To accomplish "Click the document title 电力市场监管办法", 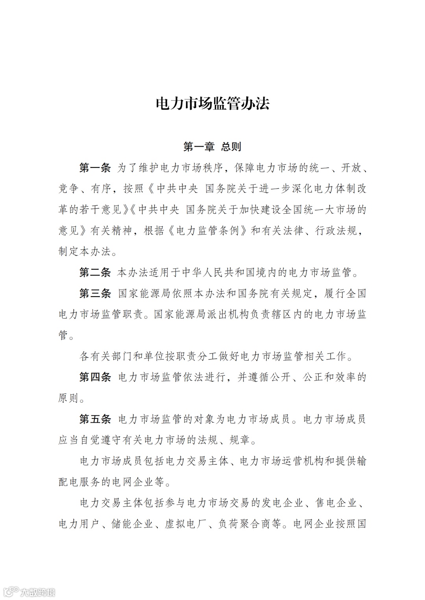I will [x=213, y=103].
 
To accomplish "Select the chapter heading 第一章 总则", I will [x=212, y=147].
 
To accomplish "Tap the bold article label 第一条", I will [x=95, y=168].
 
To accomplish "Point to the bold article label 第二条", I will [x=95, y=272].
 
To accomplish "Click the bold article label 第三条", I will [x=95, y=293].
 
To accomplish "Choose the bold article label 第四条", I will [x=95, y=377].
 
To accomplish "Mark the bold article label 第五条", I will [x=95, y=419].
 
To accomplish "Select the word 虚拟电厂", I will [x=186, y=524].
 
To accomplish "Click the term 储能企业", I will [x=133, y=524].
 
